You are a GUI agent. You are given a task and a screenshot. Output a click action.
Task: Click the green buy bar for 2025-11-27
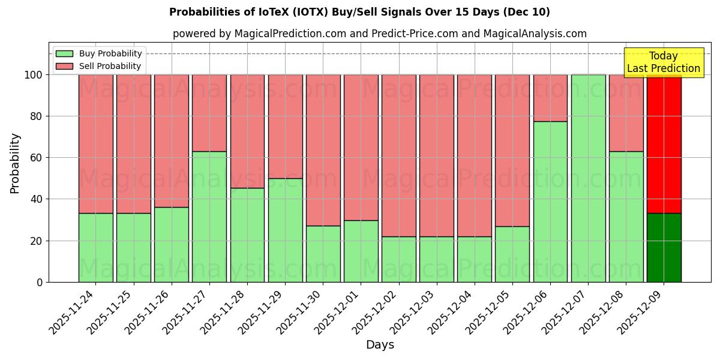click(209, 217)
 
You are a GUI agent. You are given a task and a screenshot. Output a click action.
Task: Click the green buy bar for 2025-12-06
click(550, 202)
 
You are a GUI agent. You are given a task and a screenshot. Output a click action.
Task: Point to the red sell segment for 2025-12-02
click(398, 155)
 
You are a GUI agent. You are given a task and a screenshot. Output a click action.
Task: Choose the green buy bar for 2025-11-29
click(285, 230)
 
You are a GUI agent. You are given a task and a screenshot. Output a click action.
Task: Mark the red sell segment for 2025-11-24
click(95, 144)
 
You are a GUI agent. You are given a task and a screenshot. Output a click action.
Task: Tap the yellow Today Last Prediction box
click(664, 62)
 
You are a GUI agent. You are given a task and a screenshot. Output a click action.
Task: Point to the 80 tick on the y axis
click(38, 116)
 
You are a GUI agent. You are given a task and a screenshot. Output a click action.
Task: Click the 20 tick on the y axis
click(38, 241)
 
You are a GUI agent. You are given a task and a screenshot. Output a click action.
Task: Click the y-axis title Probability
click(15, 163)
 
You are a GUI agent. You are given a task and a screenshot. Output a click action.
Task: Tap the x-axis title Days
click(380, 345)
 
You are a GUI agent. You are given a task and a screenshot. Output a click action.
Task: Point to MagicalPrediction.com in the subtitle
click(289, 34)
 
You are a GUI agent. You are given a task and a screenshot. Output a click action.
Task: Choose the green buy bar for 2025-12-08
click(626, 217)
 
